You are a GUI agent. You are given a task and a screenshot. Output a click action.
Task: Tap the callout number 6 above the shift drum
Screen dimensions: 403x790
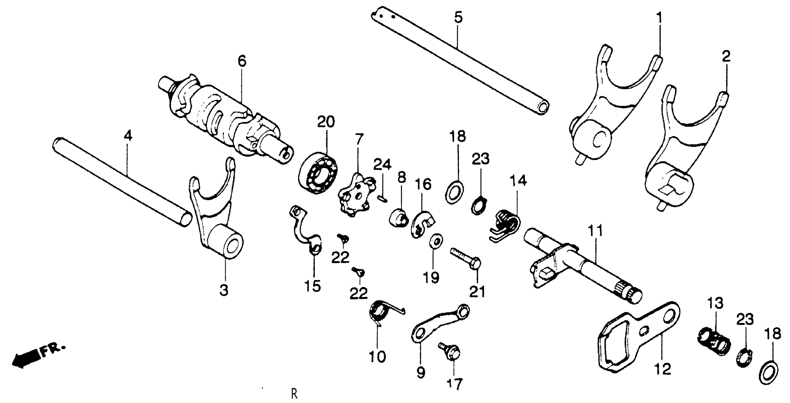click(242, 61)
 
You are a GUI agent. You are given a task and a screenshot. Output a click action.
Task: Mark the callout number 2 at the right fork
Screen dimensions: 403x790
click(726, 57)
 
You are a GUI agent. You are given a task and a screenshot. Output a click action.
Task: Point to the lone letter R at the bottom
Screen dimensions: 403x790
click(294, 394)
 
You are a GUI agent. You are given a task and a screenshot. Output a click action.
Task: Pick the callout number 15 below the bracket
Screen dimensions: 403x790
click(313, 286)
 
